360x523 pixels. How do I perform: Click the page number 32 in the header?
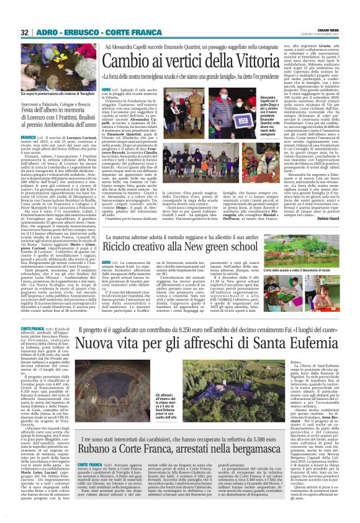[x=25, y=32]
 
